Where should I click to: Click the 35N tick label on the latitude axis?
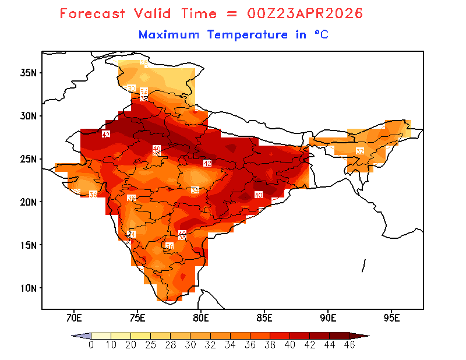tap(29, 73)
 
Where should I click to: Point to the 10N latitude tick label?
tap(29, 288)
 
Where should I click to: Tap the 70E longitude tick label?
tap(73, 317)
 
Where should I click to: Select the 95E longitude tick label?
tap(392, 317)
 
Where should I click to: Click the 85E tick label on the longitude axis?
tap(264, 317)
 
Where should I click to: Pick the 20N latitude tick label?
tap(29, 202)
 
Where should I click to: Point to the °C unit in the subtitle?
tap(321, 35)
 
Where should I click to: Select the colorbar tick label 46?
tap(349, 344)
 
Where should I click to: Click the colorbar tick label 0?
tap(91, 344)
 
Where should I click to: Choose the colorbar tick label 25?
tap(151, 344)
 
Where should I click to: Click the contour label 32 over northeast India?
tap(360, 151)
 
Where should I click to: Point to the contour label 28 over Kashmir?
tap(144, 62)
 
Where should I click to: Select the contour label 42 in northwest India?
tap(106, 135)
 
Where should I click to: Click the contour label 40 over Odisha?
tap(259, 195)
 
